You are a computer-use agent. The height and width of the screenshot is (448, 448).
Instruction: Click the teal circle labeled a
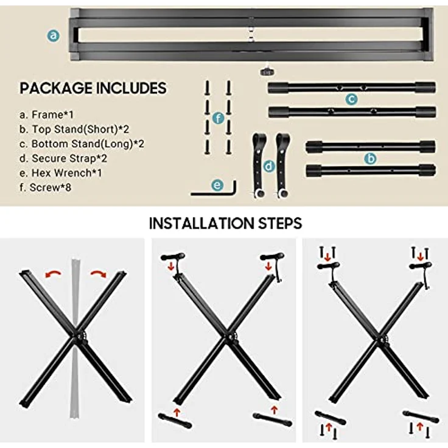click(x=54, y=36)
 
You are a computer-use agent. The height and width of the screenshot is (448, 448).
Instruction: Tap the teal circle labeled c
click(x=351, y=99)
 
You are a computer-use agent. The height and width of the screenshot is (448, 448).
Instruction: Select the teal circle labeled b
click(x=370, y=158)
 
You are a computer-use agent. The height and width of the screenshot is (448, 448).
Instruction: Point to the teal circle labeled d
click(x=269, y=166)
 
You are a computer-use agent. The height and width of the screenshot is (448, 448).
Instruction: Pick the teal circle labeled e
click(x=217, y=185)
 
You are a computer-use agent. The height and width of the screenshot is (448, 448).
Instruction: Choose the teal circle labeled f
click(x=219, y=118)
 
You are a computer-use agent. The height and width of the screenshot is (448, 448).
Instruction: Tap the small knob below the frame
click(x=267, y=72)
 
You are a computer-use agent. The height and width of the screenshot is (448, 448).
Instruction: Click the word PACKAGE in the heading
click(x=56, y=88)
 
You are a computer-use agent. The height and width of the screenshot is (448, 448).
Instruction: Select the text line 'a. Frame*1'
click(x=47, y=114)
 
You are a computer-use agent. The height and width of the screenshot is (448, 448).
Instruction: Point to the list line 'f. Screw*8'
click(x=46, y=187)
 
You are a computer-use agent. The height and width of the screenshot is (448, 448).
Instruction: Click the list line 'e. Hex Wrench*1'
click(x=61, y=173)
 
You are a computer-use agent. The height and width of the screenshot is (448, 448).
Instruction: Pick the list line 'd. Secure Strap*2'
click(x=63, y=158)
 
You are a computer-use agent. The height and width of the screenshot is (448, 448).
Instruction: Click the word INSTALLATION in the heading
click(x=201, y=223)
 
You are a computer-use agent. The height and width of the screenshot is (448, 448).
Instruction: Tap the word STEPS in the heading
click(x=280, y=223)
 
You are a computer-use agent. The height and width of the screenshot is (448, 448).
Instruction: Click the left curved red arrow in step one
click(x=53, y=274)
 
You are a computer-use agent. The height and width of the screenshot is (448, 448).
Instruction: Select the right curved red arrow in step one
click(x=98, y=274)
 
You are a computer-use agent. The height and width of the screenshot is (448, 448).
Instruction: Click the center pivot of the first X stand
click(x=76, y=337)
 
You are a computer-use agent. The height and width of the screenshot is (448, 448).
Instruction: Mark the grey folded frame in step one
click(x=75, y=338)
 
